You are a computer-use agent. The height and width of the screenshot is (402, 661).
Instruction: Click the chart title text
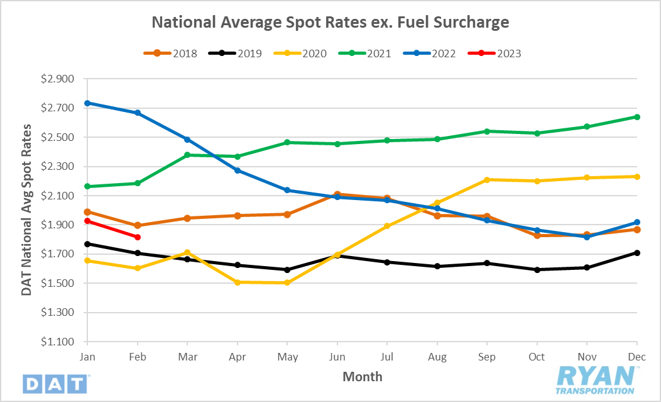pos(330,23)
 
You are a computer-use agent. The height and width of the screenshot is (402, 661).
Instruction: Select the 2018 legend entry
pos(175,53)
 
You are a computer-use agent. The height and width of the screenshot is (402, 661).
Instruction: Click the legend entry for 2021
pos(370,53)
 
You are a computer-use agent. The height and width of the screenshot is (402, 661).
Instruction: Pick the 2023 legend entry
pos(500,53)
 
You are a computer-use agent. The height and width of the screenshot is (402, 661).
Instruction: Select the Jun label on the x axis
pos(337,356)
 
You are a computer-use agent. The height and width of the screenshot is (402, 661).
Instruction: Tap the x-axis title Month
pos(362,377)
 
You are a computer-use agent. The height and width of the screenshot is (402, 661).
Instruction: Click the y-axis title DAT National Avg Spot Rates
pos(26,210)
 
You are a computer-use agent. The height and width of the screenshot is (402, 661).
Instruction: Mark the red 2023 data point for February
pos(138,237)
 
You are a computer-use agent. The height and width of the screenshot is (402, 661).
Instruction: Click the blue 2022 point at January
pos(88,103)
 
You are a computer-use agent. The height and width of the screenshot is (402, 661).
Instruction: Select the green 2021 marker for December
pos(636,117)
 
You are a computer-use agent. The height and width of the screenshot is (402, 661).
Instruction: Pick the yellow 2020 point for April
pos(238,282)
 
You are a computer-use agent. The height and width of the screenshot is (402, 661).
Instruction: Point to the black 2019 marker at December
pos(636,253)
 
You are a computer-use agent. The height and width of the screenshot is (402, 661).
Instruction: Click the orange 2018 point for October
pos(537,235)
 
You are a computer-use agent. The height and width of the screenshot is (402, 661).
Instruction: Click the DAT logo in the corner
pos(56,382)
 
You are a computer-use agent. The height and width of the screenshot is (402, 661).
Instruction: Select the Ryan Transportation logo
pos(596,379)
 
